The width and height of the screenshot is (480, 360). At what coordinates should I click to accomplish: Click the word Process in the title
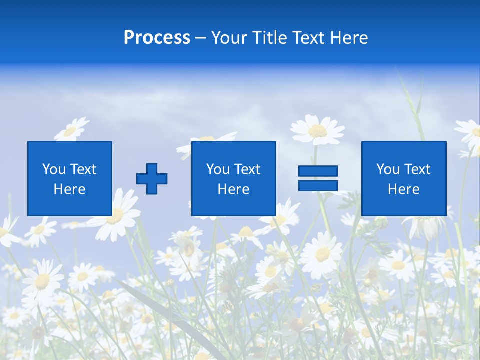click(x=157, y=38)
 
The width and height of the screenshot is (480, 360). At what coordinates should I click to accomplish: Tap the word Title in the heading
click(x=270, y=38)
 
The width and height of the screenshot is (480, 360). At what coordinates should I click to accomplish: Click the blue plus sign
click(x=152, y=179)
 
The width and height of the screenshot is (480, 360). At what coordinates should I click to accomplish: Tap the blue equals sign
click(x=318, y=178)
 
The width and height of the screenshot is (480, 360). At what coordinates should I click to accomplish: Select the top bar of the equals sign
click(x=318, y=171)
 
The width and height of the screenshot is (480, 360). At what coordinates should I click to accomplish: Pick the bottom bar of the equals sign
click(x=318, y=185)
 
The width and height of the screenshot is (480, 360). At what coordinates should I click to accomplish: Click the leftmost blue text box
click(x=70, y=178)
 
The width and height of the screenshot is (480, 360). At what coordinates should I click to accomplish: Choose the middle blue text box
click(x=233, y=178)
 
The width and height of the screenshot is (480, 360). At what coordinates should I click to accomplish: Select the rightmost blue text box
click(x=404, y=178)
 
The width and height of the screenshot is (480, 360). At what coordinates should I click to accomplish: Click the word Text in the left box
click(x=83, y=169)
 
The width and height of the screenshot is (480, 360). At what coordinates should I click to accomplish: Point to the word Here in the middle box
click(x=233, y=189)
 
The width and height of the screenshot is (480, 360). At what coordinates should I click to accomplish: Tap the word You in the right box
click(x=388, y=169)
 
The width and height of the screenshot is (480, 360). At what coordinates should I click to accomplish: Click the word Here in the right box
click(x=404, y=189)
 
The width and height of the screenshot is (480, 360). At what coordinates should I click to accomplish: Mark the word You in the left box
click(x=54, y=169)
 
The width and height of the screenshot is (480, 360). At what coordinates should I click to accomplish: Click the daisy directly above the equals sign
click(x=317, y=130)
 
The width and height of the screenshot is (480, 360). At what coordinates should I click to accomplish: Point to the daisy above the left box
click(x=71, y=130)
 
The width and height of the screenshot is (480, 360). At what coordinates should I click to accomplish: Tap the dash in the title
click(x=201, y=38)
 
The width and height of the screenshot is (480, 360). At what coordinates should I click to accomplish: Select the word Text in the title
click(x=307, y=38)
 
